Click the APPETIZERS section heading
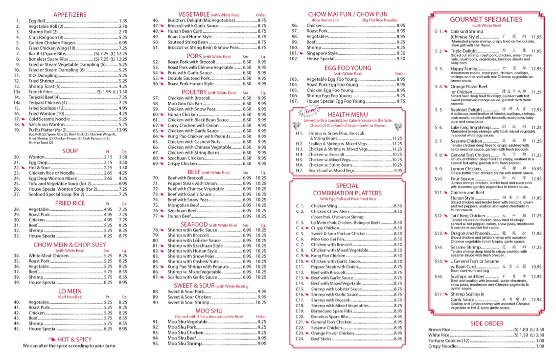tap(69, 15)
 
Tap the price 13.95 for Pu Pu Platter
tap(121, 130)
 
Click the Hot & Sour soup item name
tap(40, 167)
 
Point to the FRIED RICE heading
tap(69, 203)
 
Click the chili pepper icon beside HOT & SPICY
tap(52, 339)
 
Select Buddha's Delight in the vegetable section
tap(193, 21)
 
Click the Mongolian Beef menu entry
tap(182, 205)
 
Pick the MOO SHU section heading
tap(209, 311)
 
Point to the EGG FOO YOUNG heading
tap(347, 67)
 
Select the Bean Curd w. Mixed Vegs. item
tap(332, 170)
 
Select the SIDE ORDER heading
tap(486, 323)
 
